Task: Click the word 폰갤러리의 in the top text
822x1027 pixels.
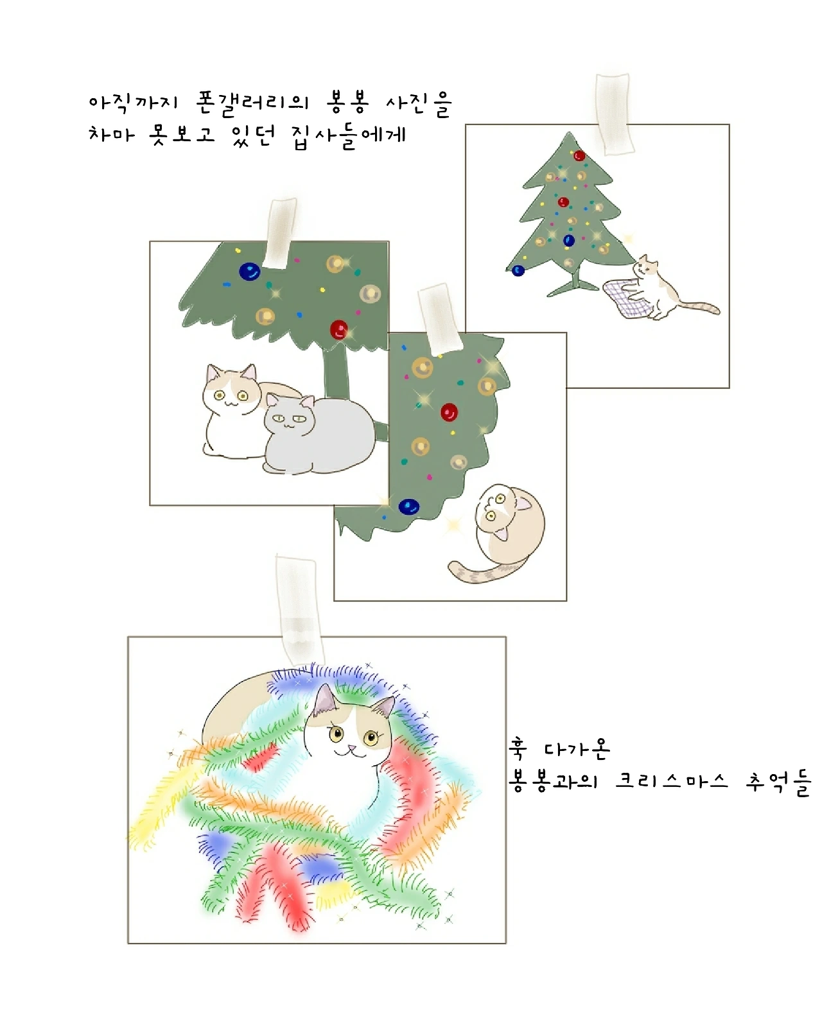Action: point(252,103)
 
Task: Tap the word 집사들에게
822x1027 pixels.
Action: point(349,135)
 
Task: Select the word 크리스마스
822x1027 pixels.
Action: point(671,781)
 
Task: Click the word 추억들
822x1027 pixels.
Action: point(778,782)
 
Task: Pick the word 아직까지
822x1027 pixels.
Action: point(133,103)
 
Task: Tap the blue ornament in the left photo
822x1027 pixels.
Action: point(249,272)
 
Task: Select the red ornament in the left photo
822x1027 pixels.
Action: point(338,329)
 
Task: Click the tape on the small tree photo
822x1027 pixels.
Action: point(613,114)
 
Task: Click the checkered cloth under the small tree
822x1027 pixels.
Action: point(627,298)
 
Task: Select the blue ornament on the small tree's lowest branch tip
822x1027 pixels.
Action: point(518,271)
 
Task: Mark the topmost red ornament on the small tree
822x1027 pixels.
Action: point(579,155)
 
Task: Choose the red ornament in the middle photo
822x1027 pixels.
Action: point(449,412)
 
